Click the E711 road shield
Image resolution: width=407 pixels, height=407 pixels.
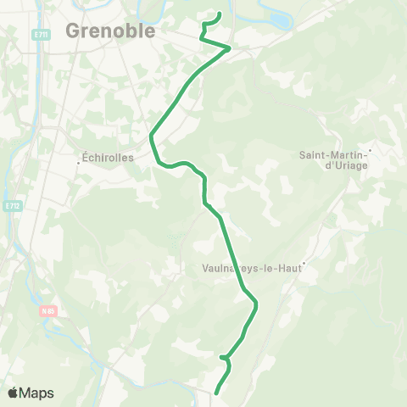tap(42, 34)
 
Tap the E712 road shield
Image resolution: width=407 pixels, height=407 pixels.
tap(11, 206)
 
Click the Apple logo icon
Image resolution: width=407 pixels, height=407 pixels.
tap(13, 393)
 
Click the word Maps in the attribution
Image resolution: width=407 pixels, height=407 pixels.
tap(36, 393)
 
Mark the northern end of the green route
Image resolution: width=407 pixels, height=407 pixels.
tap(220, 14)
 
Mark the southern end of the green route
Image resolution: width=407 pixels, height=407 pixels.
tap(216, 393)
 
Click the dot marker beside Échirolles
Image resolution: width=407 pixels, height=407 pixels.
tap(78, 164)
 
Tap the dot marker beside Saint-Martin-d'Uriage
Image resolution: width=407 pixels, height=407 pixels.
tap(370, 150)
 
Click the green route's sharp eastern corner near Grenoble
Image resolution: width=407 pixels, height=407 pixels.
tap(230, 48)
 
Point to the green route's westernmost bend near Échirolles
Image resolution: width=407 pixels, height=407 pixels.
tap(151, 136)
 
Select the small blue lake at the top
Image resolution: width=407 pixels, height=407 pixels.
tap(278, 17)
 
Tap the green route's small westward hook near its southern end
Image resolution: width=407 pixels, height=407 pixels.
tap(220, 357)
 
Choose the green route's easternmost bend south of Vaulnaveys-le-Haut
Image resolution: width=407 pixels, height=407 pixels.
tap(256, 304)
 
